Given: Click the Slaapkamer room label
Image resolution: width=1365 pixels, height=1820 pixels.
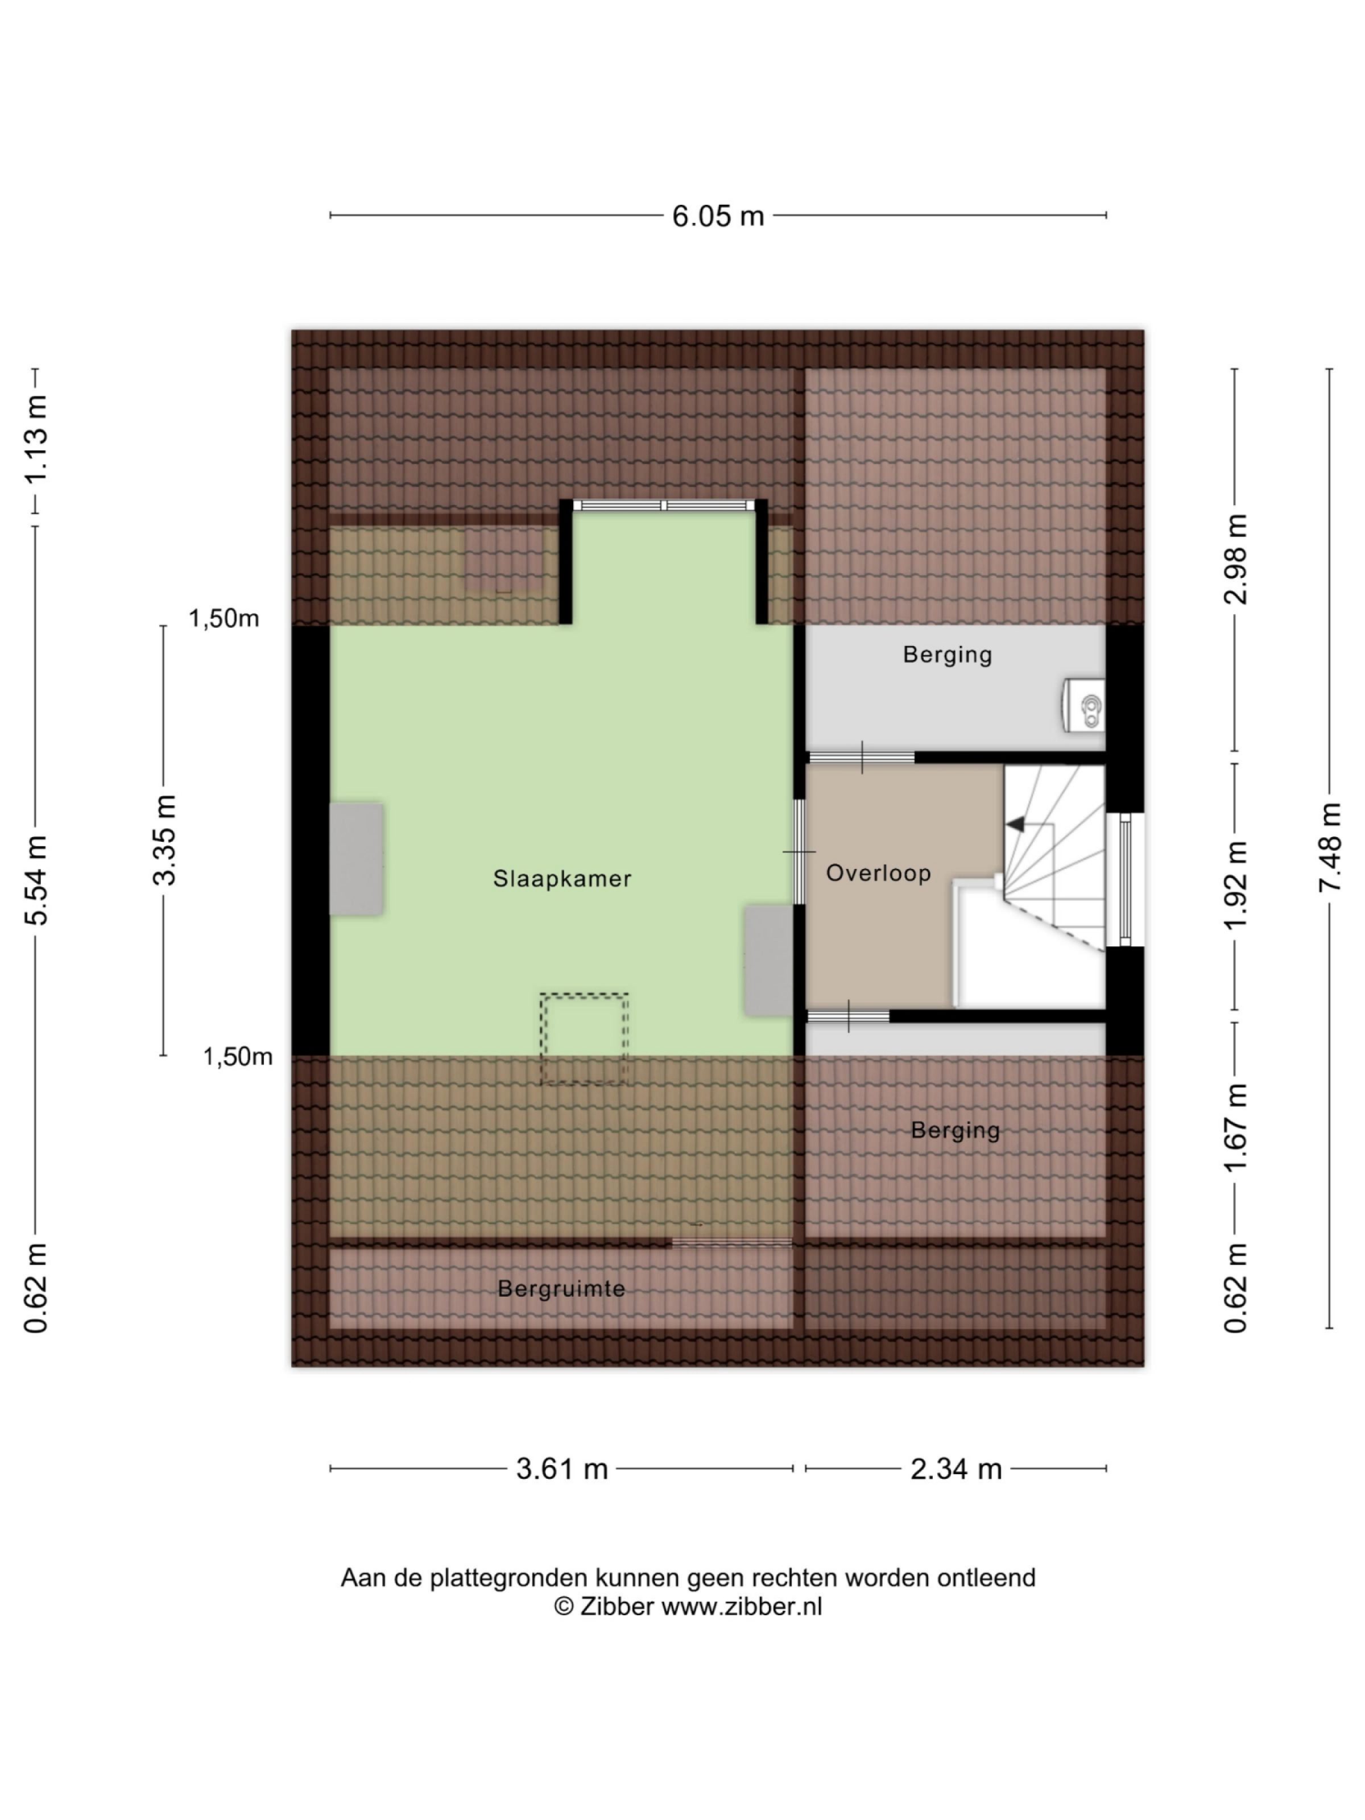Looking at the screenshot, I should click(562, 879).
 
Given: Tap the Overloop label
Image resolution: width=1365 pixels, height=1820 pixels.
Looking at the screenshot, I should click(878, 873).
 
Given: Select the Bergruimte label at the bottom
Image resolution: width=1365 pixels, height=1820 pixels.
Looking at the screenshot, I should click(561, 1288).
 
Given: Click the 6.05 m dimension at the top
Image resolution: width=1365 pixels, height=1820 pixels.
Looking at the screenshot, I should click(717, 216).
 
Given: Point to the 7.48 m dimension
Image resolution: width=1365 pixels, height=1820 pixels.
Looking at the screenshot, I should click(1330, 847).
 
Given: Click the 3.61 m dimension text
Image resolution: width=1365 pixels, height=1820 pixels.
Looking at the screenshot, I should click(561, 1469).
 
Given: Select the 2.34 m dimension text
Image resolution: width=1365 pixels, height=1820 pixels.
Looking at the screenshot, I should click(955, 1469).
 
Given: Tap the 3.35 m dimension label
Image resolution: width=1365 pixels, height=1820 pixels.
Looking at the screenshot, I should click(164, 839).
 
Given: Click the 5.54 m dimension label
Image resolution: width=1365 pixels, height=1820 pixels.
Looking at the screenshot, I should click(37, 880).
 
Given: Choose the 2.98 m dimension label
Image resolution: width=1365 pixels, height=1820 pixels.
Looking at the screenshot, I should click(1234, 560).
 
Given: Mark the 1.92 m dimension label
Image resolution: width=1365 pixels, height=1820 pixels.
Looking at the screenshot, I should click(1234, 884).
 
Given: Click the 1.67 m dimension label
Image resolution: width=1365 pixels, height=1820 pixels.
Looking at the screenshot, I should click(1234, 1127).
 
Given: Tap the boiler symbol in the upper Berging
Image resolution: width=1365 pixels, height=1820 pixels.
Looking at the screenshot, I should click(1085, 705).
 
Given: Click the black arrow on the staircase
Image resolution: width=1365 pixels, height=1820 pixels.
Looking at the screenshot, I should click(1015, 824).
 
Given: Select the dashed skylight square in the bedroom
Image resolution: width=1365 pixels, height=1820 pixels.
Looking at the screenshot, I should click(584, 1037).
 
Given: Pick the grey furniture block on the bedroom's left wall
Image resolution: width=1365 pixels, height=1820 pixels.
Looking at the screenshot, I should click(356, 859).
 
